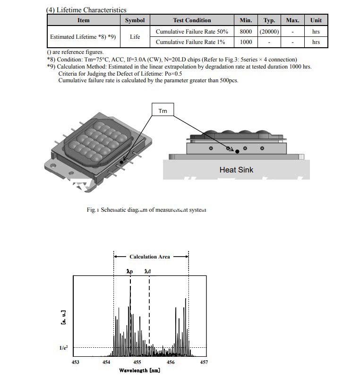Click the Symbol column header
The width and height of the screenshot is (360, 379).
pos(135,20)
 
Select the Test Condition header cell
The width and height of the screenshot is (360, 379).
pos(192,20)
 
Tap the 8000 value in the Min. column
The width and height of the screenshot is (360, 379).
pos(246,32)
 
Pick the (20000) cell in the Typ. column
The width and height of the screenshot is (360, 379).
pos(269,32)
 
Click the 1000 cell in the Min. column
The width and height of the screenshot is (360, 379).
pos(246,42)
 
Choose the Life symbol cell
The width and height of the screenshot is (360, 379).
pos(135,37)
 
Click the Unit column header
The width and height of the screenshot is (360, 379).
pos(316,20)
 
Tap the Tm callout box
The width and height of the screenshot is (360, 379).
pos(163,111)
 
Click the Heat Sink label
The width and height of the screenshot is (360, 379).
pos(236,170)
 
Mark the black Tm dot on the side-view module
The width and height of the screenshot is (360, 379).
pos(237,152)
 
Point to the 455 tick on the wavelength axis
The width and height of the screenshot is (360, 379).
pos(137,362)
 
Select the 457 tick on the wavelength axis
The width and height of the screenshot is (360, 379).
pos(204,362)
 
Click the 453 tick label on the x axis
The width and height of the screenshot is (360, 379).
pos(75,362)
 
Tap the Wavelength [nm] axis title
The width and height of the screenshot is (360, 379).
pos(139,370)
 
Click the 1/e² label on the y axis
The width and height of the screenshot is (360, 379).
pos(63,348)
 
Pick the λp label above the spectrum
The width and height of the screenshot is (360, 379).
pos(130,272)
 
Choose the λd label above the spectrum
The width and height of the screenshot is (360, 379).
pos(148,272)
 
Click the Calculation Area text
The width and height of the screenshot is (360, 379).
pos(149,257)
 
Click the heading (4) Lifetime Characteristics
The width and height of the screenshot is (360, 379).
pos(86,9)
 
